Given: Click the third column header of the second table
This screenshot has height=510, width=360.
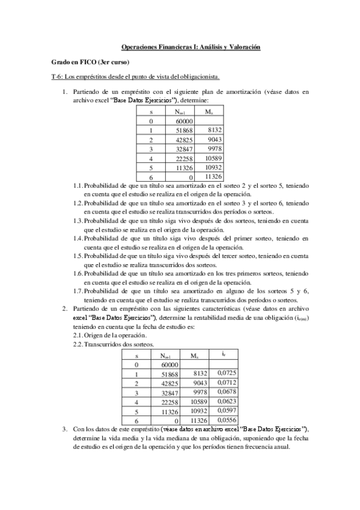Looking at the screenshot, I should click(x=194, y=355).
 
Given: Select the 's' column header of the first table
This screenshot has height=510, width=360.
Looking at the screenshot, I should click(x=151, y=111).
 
